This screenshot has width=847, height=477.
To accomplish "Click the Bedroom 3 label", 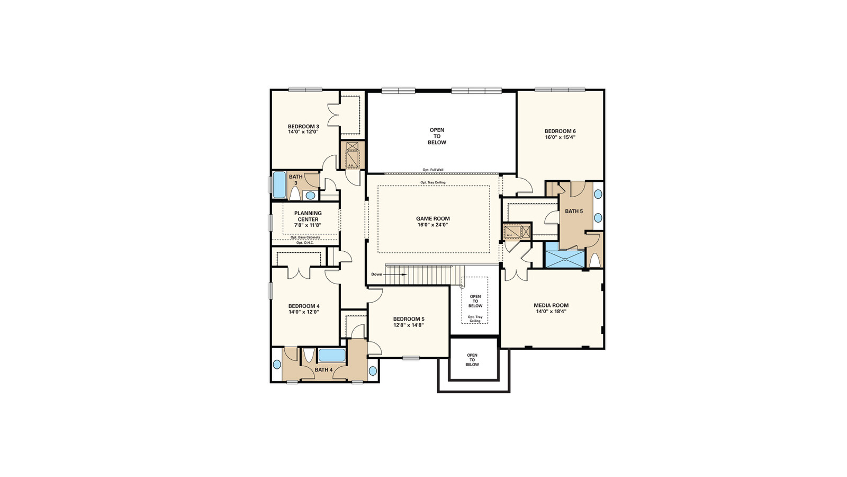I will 303,126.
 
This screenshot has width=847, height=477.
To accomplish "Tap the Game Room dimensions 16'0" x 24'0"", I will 432,225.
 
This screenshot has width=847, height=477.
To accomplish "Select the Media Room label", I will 551,305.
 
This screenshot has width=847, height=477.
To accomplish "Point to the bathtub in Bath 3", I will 279,184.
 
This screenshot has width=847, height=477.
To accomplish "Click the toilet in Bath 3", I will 295,193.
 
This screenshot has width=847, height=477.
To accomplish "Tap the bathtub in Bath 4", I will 331,355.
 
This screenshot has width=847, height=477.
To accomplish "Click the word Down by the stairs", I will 376,274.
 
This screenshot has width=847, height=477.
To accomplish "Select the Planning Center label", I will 308,216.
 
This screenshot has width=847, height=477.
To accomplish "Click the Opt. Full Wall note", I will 432,170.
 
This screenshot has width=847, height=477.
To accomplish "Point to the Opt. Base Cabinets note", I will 305,237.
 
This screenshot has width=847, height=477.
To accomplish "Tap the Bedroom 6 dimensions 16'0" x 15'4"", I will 560,137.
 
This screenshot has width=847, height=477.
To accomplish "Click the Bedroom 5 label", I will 409,319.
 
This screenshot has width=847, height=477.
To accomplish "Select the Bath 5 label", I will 574,211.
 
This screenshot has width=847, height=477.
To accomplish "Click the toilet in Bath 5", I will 594,260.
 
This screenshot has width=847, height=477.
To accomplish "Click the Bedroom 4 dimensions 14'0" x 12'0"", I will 303,312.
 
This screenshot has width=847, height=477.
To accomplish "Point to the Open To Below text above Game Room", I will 437,136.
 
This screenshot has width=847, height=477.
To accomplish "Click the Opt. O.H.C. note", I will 305,243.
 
